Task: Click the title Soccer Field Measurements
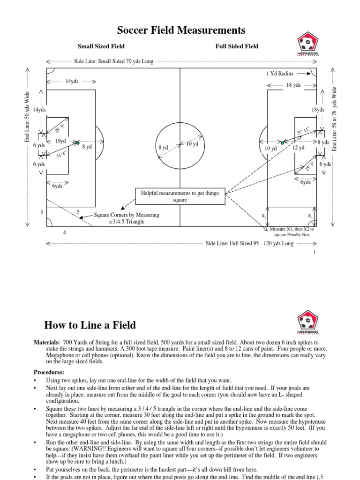click(181, 30)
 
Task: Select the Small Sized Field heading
click(101, 46)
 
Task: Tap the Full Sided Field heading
click(237, 46)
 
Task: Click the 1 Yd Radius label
click(279, 74)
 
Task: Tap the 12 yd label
click(299, 148)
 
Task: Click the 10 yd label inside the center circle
click(193, 144)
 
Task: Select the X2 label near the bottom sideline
click(264, 216)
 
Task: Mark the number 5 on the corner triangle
click(78, 212)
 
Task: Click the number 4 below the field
click(65, 232)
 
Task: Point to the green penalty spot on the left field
click(78, 142)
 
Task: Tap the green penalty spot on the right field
click(282, 142)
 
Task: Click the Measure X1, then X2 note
click(292, 232)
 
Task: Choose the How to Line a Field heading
click(90, 325)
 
